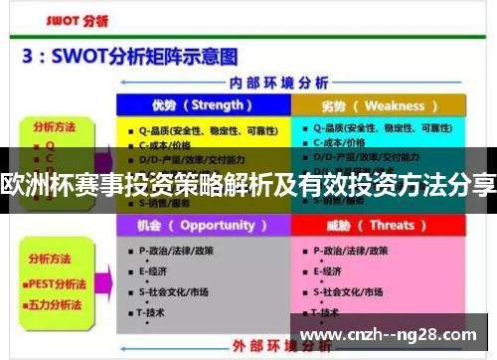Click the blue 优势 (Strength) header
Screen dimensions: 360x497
click(x=202, y=105)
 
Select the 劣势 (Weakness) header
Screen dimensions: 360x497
click(x=379, y=105)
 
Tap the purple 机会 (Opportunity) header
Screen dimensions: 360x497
click(x=202, y=226)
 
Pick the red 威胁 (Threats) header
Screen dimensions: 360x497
click(x=379, y=226)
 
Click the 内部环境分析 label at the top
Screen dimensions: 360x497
click(x=289, y=83)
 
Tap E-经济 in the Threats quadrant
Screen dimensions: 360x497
click(x=333, y=270)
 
